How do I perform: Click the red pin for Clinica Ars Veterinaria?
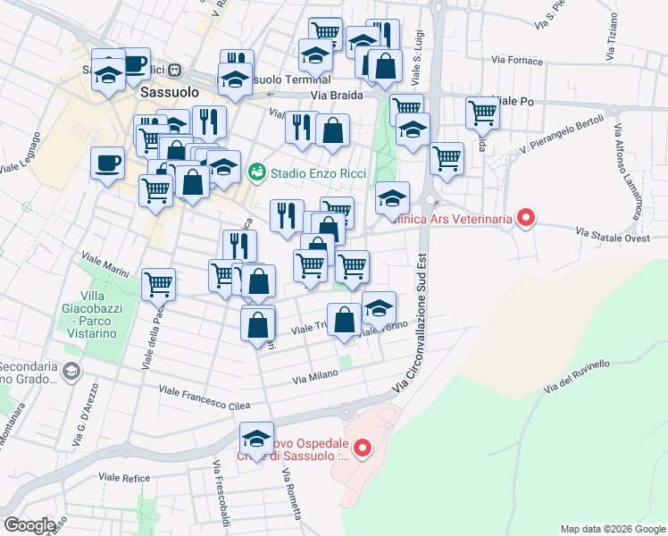(526, 217)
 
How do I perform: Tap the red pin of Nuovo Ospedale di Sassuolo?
(362, 448)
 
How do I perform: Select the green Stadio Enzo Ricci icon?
(257, 169)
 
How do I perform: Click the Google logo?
(29, 525)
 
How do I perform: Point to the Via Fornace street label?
(516, 61)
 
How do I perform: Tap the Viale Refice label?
(124, 479)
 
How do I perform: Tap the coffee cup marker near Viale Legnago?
(108, 163)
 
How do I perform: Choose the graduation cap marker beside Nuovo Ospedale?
(256, 439)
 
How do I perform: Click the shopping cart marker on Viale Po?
(482, 113)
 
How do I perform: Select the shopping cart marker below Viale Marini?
(158, 284)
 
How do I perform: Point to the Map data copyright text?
(612, 529)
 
